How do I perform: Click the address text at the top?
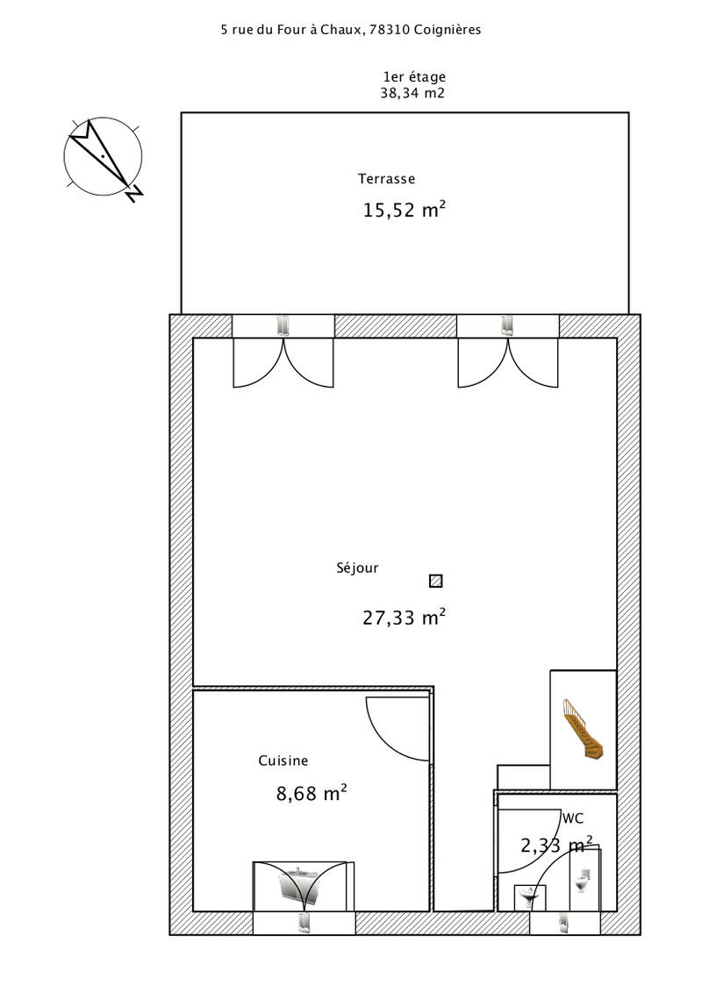click(x=351, y=30)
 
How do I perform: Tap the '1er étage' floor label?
click(x=414, y=77)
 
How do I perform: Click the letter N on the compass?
click(x=133, y=194)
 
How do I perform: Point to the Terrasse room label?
click(x=386, y=179)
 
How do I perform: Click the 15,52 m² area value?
click(x=405, y=210)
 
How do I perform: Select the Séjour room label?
click(x=357, y=568)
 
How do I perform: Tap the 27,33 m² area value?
click(x=405, y=618)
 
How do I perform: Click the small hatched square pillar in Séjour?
click(x=436, y=581)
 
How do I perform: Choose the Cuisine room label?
click(x=283, y=761)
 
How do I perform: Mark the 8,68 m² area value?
click(x=312, y=793)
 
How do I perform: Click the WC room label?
click(x=573, y=818)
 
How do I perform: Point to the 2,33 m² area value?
click(x=557, y=845)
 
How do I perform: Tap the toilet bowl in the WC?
click(x=583, y=880)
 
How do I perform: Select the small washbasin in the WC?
click(x=529, y=897)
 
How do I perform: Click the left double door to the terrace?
click(x=283, y=361)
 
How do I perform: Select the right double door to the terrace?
click(x=508, y=361)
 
